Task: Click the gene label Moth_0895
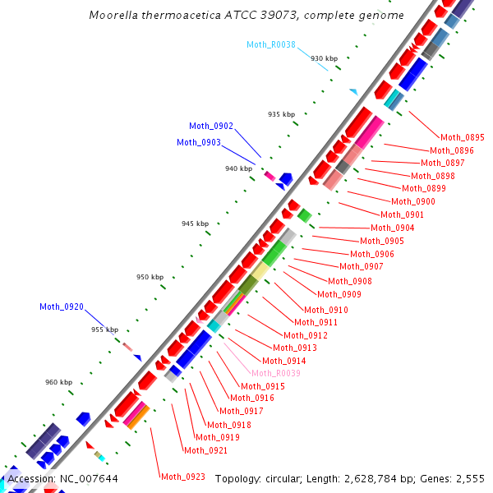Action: point(463,137)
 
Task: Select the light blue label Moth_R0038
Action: point(271,44)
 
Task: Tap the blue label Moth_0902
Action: point(211,126)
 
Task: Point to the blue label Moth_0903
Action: point(199,142)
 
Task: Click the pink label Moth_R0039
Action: point(276,373)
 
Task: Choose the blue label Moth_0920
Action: point(62,306)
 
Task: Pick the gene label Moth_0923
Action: point(183,477)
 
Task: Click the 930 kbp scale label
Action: point(324,58)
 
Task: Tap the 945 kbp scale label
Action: point(195,223)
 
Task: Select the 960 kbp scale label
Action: point(58,382)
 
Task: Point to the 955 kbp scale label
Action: point(104,329)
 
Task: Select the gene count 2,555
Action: point(469,478)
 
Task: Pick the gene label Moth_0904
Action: point(393,228)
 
